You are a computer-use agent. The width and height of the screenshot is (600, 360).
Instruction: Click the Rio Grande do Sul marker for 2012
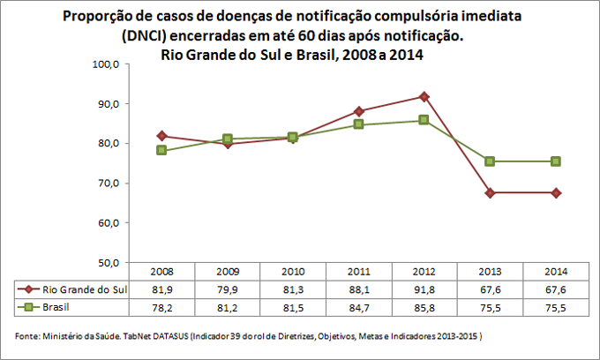[x=424, y=96]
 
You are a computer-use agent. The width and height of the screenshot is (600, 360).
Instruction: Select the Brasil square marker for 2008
[x=161, y=150]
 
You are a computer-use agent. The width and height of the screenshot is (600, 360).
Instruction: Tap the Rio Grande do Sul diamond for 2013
[x=490, y=192]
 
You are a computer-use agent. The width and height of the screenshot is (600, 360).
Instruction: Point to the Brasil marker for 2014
[x=556, y=161]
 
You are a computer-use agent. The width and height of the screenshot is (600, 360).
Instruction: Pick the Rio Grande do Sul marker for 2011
[x=359, y=111]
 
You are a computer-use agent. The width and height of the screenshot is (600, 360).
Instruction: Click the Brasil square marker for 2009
[x=228, y=139]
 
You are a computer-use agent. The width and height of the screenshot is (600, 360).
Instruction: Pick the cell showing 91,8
[x=424, y=289]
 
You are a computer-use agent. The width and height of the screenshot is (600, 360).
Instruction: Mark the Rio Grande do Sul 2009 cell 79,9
[x=228, y=289]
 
